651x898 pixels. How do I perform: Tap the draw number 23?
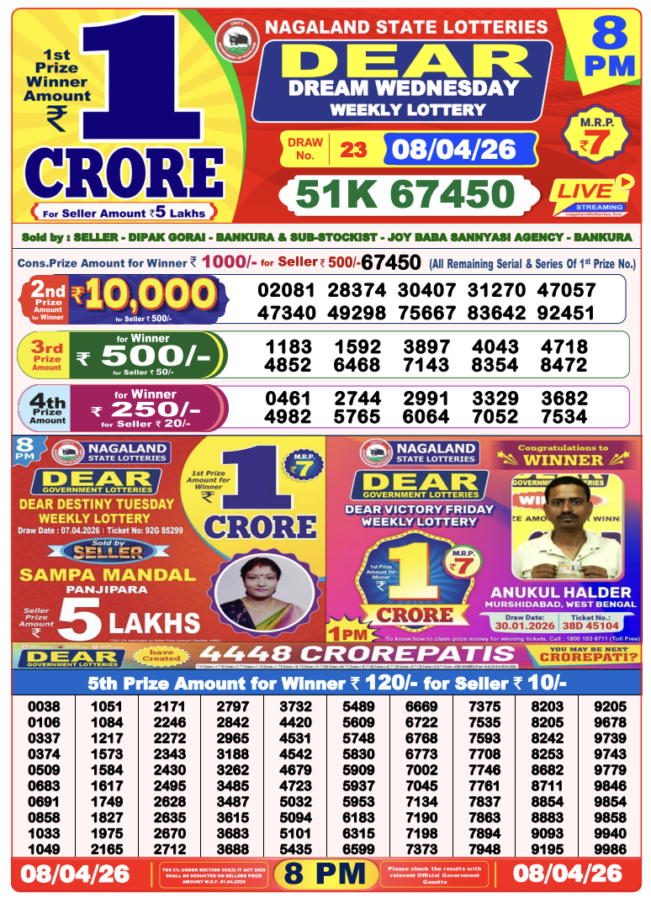point(354,150)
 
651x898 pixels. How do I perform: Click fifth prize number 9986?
point(610,849)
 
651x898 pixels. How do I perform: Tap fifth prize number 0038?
point(44,707)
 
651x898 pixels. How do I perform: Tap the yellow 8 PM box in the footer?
point(325,874)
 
